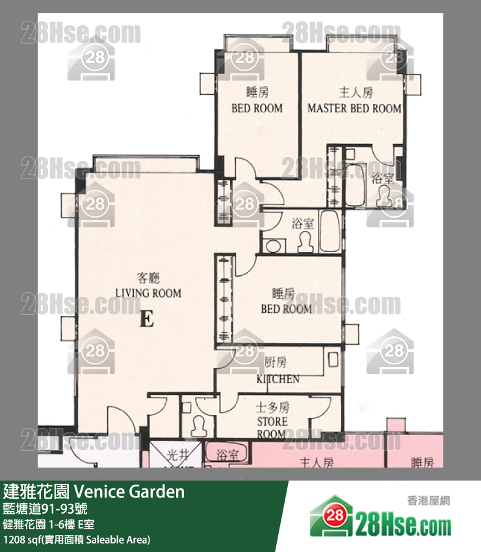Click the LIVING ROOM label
point(148,293)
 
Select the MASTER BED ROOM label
point(354,108)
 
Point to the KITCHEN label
point(278,379)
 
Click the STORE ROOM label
point(271,427)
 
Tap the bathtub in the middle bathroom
point(330,232)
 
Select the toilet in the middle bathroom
point(304,242)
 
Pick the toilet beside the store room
point(200,425)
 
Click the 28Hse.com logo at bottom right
point(380,520)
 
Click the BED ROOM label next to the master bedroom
point(257,108)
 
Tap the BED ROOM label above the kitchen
point(286,308)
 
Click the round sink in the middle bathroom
point(274,246)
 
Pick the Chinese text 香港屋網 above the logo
point(428,500)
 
